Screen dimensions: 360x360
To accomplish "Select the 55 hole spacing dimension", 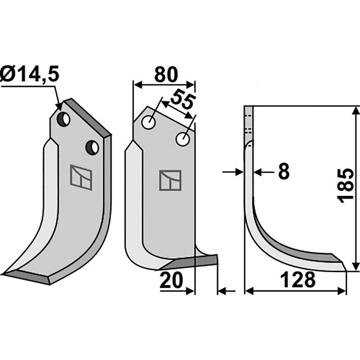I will point(182,100).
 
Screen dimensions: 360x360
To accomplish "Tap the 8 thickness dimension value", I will point(283,171).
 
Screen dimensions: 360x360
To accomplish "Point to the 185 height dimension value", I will point(346,186).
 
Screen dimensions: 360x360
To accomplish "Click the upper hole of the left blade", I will point(64,120).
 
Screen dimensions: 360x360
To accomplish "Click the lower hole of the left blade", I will point(92,147).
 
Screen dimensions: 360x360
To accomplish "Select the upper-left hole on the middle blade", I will point(148,122).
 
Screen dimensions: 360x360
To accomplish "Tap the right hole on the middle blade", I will point(182,139).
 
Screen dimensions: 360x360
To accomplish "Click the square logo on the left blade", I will point(81,177).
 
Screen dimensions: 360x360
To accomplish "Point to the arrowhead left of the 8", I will point(238,171).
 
